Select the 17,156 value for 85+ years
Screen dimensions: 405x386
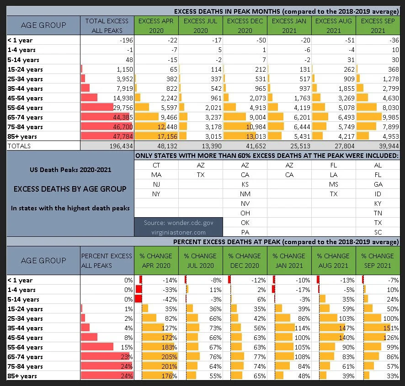(x=167, y=136)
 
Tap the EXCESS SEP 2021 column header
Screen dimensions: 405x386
(x=378, y=26)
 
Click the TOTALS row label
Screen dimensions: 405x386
(x=19, y=146)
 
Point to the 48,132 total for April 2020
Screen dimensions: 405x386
(x=167, y=146)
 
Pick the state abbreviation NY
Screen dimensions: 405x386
(x=156, y=194)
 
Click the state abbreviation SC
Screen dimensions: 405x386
(x=378, y=232)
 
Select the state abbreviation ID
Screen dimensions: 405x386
(x=378, y=194)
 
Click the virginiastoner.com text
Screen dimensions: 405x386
(x=178, y=232)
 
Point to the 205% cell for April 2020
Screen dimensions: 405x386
(x=169, y=357)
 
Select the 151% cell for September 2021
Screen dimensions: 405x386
(x=391, y=328)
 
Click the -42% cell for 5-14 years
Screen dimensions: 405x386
(x=170, y=299)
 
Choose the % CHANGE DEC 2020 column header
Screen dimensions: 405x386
(x=245, y=261)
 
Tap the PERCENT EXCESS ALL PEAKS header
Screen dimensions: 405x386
(x=107, y=261)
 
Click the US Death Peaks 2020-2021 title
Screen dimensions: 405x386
(x=70, y=170)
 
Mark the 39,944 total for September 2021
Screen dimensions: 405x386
(x=389, y=146)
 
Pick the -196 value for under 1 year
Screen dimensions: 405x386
(x=126, y=40)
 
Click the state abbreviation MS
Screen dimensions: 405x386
(x=333, y=184)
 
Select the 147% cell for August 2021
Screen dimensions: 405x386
(x=346, y=328)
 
